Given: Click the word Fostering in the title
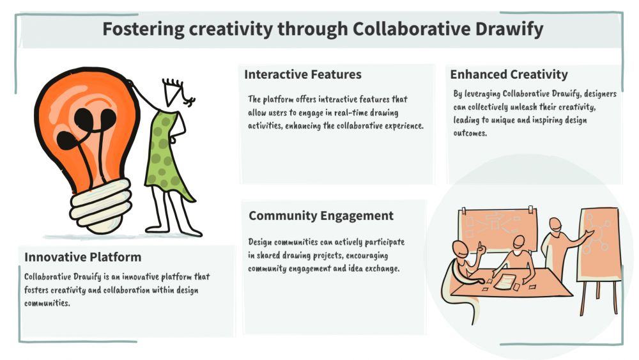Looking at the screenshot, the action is (143, 29).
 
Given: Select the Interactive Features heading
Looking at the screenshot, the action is (303, 75).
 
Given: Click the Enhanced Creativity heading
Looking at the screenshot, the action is (509, 75).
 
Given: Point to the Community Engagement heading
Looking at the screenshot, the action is (321, 215).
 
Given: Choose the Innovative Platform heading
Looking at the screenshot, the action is (82, 257).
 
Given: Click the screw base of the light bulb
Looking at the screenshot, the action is (100, 206).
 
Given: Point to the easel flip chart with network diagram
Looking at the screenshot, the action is (598, 245).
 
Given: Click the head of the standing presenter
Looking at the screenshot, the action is (555, 224).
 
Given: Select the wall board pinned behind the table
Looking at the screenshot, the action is (498, 230).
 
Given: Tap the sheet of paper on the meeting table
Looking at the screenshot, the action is (505, 282).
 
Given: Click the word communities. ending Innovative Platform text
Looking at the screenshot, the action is (47, 303).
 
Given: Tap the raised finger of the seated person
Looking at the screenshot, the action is (480, 246).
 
